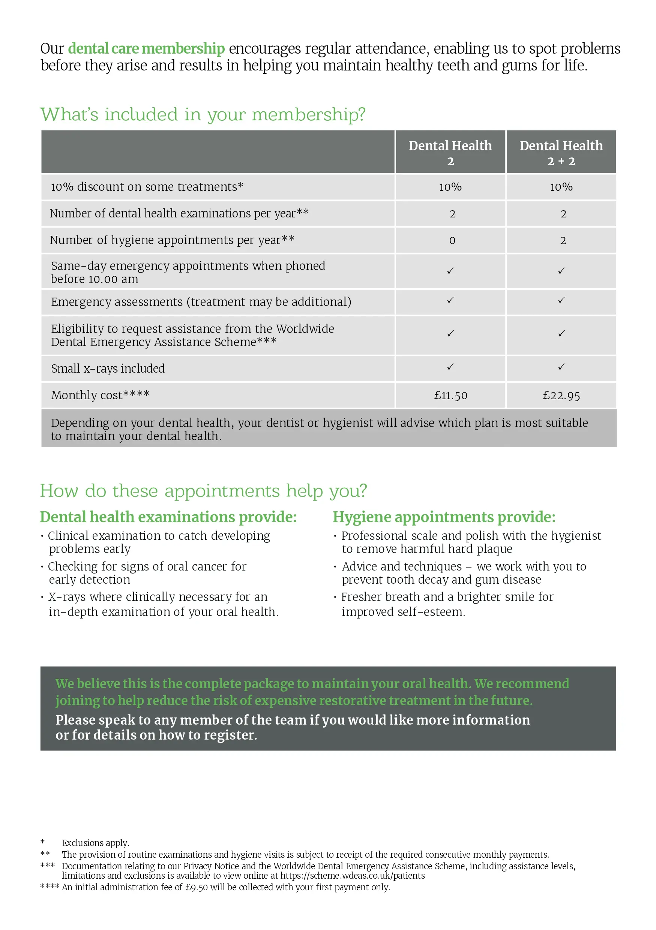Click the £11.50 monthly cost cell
pyautogui.click(x=450, y=395)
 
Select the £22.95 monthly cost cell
pyautogui.click(x=561, y=395)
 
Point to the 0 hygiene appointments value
pyautogui.click(x=452, y=241)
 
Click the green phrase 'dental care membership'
pyautogui.click(x=146, y=49)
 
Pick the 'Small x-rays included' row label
pyautogui.click(x=108, y=368)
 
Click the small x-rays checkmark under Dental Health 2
pyautogui.click(x=450, y=367)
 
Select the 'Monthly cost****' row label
pyautogui.click(x=100, y=395)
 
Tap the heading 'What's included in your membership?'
pyautogui.click(x=203, y=115)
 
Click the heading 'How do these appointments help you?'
pyautogui.click(x=203, y=491)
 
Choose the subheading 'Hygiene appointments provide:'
pyautogui.click(x=444, y=517)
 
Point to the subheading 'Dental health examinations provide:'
pyautogui.click(x=168, y=517)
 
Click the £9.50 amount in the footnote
pyautogui.click(x=197, y=888)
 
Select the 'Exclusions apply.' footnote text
pyautogui.click(x=96, y=843)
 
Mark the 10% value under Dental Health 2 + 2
pyautogui.click(x=561, y=187)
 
